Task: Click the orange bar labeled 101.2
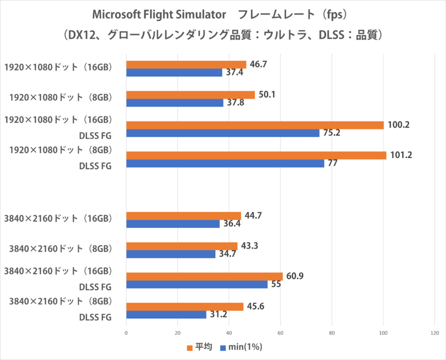[256, 155]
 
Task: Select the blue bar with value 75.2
[223, 133]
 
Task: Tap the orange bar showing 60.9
[205, 276]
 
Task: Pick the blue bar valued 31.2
[166, 315]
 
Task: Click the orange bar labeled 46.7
[186, 65]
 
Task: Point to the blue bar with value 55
[197, 284]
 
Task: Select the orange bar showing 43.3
[182, 246]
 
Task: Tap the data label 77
[332, 164]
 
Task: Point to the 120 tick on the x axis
[434, 334]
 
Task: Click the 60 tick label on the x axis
[280, 334]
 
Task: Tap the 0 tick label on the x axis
[127, 334]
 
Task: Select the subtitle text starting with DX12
[223, 35]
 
